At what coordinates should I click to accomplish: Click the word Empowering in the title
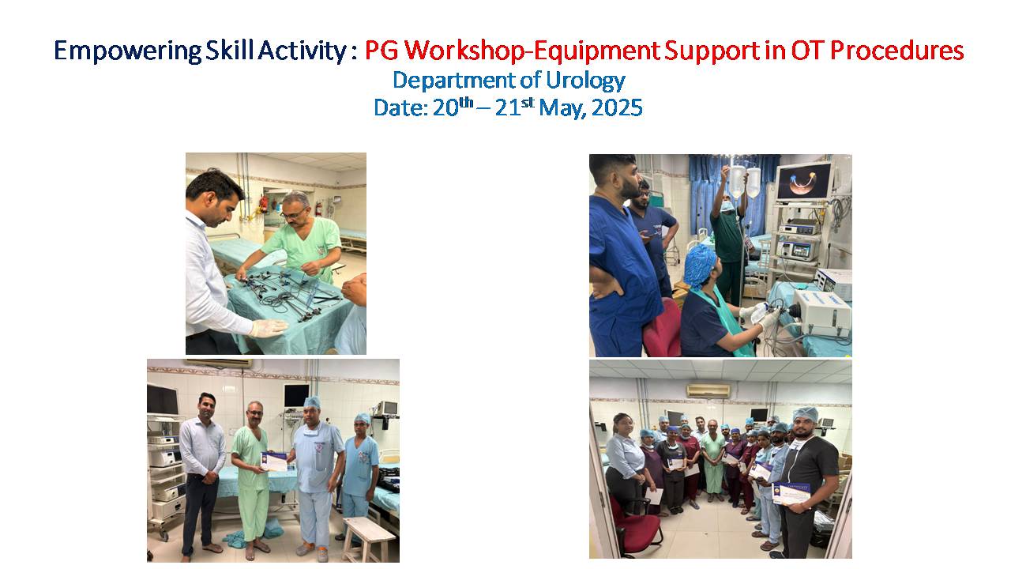[128, 51]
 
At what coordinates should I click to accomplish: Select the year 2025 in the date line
[617, 108]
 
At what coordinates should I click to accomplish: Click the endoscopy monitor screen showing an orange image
[804, 182]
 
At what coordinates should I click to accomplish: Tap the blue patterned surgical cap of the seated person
[700, 266]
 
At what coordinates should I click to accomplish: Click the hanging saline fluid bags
[745, 182]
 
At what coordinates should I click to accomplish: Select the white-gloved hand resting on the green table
[268, 328]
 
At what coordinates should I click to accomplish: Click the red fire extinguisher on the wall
[263, 205]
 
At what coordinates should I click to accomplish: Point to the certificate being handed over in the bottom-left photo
[274, 462]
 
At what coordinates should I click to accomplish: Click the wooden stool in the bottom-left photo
[368, 539]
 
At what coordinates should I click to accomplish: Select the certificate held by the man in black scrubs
[791, 494]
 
